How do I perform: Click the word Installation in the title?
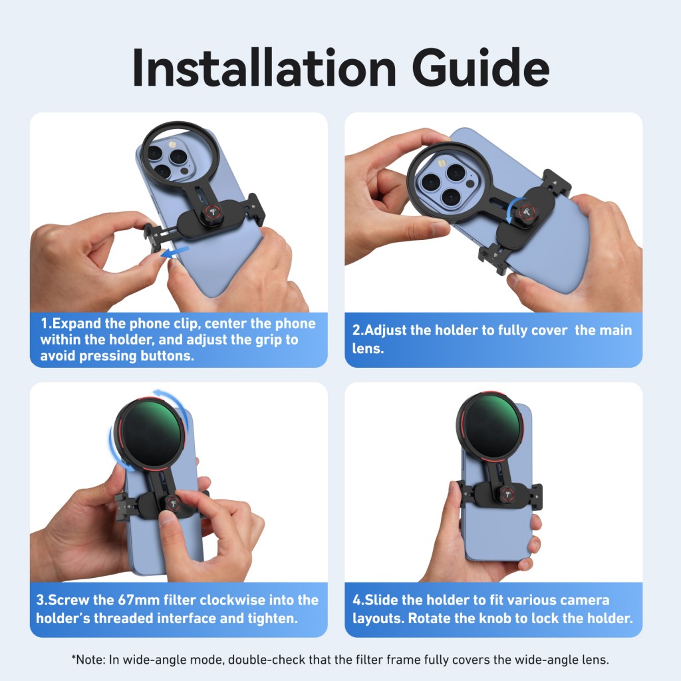[264, 68]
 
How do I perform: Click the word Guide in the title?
[480, 68]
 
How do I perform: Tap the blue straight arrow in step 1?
[175, 252]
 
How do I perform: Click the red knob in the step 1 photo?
[212, 212]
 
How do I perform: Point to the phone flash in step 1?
[172, 144]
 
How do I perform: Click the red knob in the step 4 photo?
[507, 494]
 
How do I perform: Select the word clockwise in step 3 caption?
[232, 600]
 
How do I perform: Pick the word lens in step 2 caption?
[368, 348]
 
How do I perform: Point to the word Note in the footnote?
[90, 660]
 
